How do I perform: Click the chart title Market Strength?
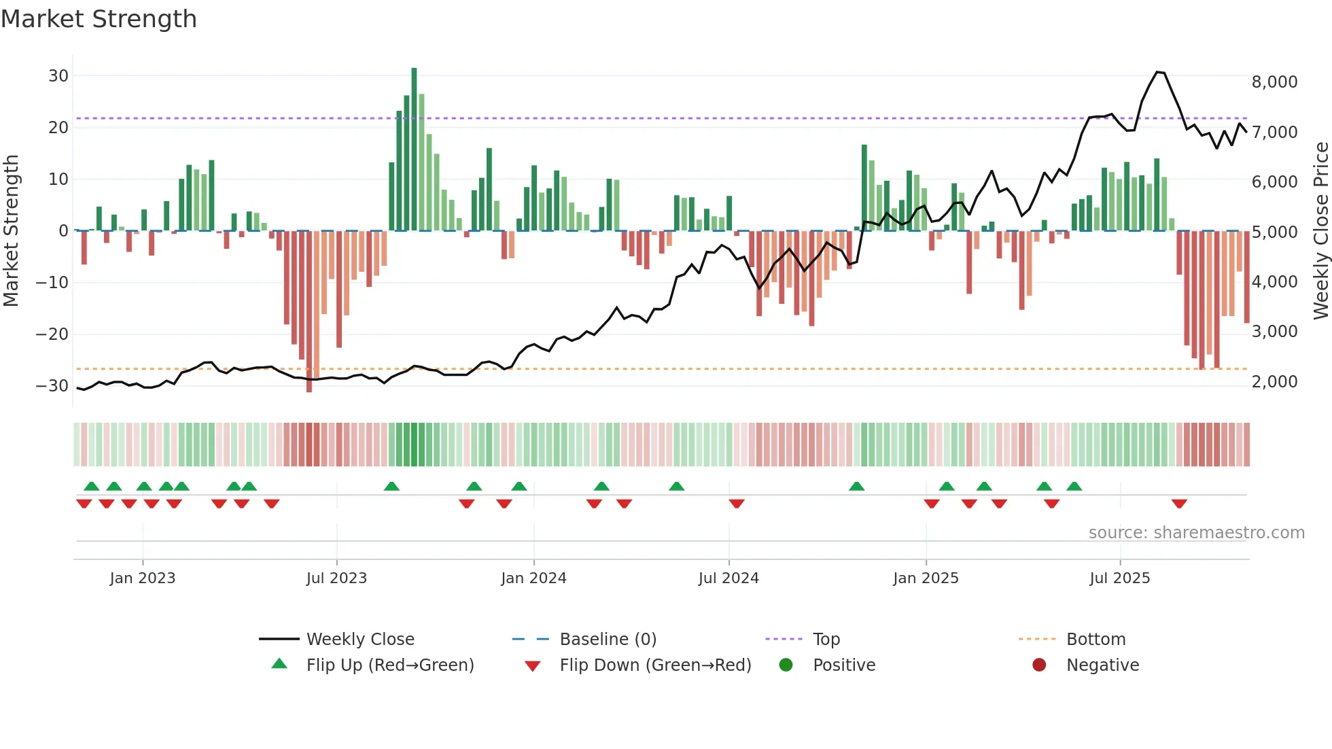[x=99, y=19]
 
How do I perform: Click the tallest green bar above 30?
[x=414, y=150]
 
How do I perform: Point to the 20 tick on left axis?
[x=58, y=128]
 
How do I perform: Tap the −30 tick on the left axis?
[x=52, y=386]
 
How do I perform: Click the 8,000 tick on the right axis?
[x=1274, y=82]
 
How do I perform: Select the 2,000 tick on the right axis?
[x=1274, y=382]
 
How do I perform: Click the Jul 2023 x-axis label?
[x=336, y=578]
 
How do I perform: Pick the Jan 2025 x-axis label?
[x=926, y=578]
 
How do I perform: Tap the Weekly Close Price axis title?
[x=1320, y=231]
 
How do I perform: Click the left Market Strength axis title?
[x=11, y=231]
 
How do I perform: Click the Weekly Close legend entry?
[x=360, y=640]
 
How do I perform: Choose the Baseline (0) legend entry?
[x=608, y=640]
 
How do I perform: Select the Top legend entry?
[x=826, y=640]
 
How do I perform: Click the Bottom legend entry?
[x=1096, y=640]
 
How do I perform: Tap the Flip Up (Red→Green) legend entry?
[x=389, y=665]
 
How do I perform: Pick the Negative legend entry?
[x=1102, y=665]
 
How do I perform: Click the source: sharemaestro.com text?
[x=1196, y=533]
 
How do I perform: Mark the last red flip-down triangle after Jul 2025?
[x=1179, y=504]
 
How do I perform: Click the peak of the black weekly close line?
[x=1157, y=72]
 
